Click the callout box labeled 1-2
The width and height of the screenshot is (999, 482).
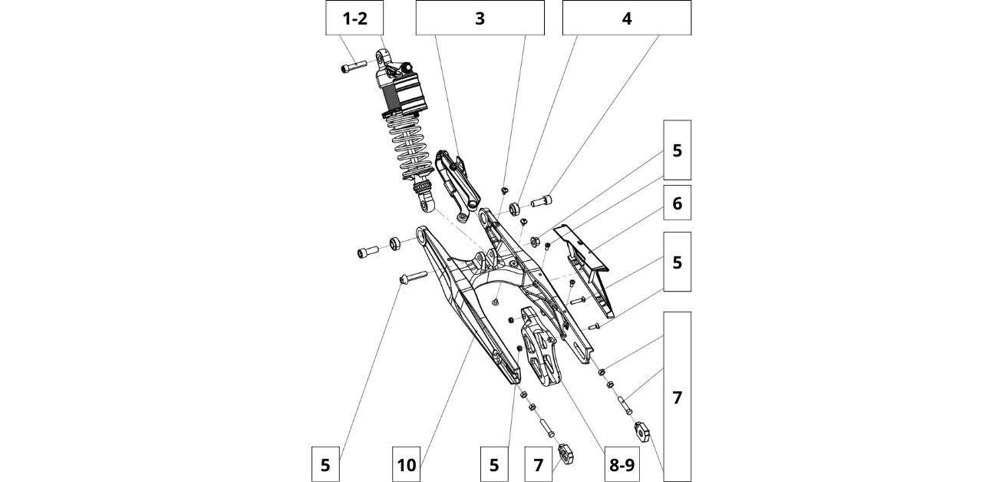tap(354, 18)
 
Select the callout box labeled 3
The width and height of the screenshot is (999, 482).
tap(480, 18)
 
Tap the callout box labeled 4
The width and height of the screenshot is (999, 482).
tap(626, 18)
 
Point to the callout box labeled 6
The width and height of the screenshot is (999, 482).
tap(677, 203)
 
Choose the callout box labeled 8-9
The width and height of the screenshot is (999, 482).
tap(621, 464)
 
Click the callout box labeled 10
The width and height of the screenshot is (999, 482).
tap(407, 464)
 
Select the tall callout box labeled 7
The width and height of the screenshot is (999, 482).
tap(677, 397)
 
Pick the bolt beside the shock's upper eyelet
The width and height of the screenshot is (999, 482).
tap(349, 68)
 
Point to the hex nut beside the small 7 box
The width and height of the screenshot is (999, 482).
tap(566, 455)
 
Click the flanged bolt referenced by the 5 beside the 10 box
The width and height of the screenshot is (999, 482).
tap(413, 276)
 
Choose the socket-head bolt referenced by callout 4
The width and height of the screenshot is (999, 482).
tap(541, 203)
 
